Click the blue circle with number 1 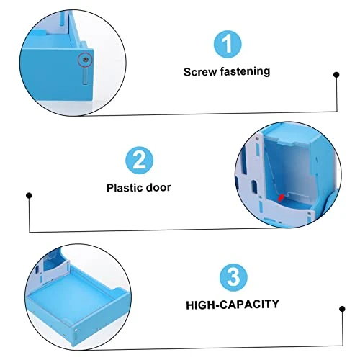tap(228, 44)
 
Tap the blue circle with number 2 tap(139, 161)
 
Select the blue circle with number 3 tap(233, 277)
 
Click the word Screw tap(200, 72)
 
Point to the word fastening tap(245, 71)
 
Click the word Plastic tap(125, 188)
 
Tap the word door tap(158, 187)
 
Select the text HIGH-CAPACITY tap(233, 305)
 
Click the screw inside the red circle tap(85, 60)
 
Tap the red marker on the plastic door tap(281, 197)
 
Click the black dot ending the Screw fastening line tap(336, 75)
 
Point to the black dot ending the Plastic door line tap(29, 195)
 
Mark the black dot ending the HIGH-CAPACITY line tap(342, 309)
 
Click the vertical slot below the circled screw tap(85, 76)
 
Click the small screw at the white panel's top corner tap(257, 139)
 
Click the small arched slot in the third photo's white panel tap(37, 270)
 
